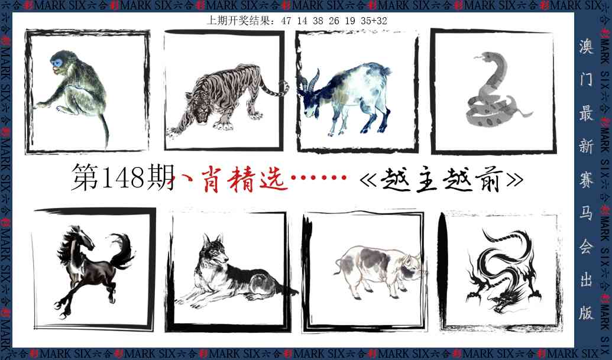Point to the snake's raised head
(x=480, y=58)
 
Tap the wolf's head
(x=214, y=251)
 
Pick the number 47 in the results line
(x=287, y=21)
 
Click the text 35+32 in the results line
(x=375, y=21)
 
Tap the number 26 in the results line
(x=334, y=21)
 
